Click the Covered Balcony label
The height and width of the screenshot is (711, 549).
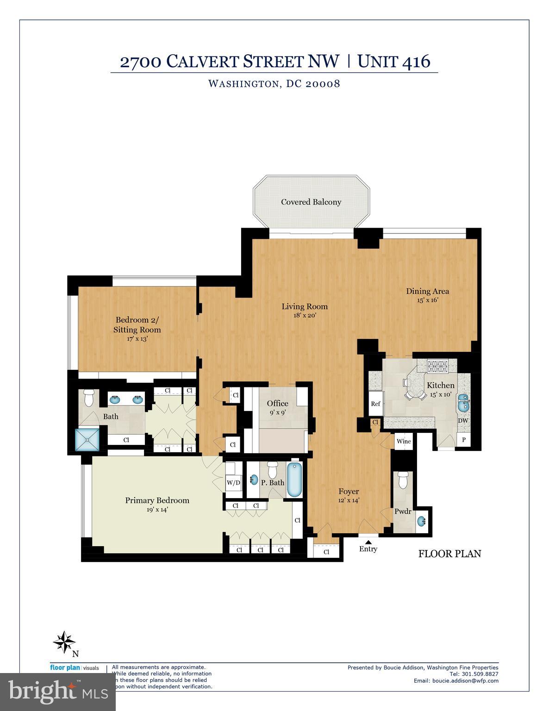click(311, 202)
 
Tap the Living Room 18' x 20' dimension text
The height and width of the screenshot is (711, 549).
click(305, 316)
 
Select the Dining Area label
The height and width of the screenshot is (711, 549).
click(427, 291)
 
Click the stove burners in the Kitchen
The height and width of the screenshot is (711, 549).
click(437, 367)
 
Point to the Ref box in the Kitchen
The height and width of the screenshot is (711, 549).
click(375, 404)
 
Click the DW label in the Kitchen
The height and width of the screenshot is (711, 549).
click(462, 421)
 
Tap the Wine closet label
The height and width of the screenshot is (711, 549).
click(404, 441)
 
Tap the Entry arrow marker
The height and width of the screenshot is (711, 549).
click(368, 541)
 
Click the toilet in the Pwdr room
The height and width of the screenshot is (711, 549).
click(402, 480)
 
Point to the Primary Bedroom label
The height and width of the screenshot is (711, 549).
click(157, 500)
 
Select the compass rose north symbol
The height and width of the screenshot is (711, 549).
click(64, 642)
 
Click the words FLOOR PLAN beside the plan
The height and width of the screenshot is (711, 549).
click(449, 554)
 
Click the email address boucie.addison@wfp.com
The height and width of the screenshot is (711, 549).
click(465, 681)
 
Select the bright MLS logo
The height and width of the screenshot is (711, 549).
click(58, 692)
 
